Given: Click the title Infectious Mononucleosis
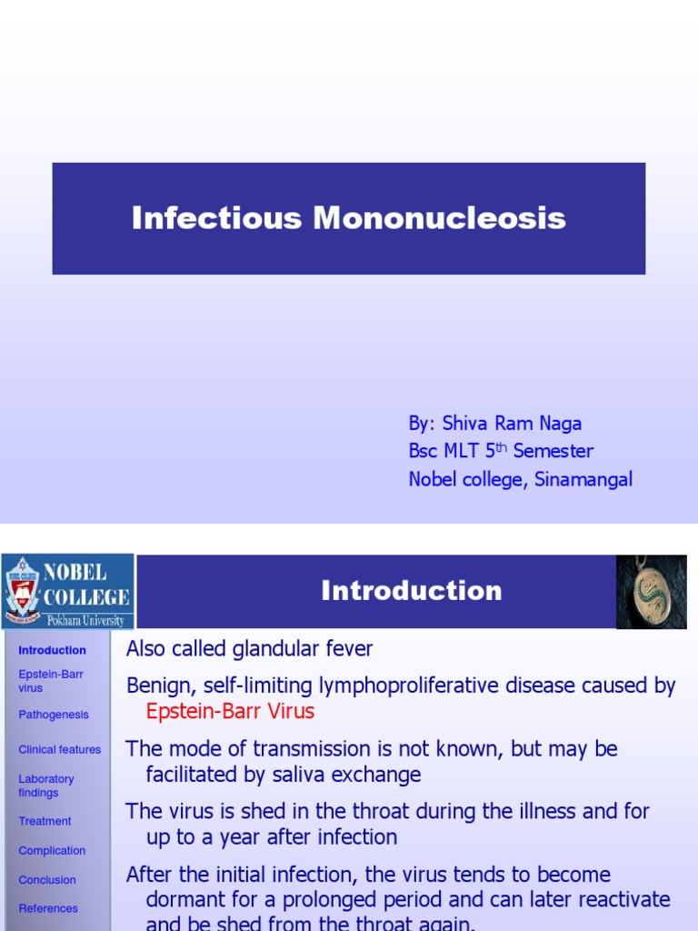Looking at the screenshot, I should click(x=348, y=218).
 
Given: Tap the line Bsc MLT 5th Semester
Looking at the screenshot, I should click(x=501, y=452).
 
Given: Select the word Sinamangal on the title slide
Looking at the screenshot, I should click(x=583, y=480).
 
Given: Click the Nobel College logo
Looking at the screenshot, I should click(x=68, y=591).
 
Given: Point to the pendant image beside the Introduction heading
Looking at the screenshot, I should click(x=651, y=592).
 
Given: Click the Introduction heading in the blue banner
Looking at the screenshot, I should click(x=411, y=591).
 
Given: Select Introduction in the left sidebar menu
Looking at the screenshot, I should click(x=52, y=651).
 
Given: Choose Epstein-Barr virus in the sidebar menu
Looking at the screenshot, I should click(x=50, y=681).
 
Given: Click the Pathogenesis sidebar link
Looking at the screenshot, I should click(x=54, y=715).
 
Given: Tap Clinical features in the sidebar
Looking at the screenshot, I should click(x=59, y=750).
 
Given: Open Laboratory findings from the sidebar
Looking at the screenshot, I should click(x=45, y=786).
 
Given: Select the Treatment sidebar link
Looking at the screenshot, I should click(x=45, y=821).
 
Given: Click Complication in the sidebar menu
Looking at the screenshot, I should click(x=52, y=851).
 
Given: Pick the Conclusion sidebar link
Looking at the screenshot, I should click(x=47, y=880).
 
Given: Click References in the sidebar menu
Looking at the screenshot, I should click(x=48, y=908).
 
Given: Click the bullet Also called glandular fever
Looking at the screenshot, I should click(x=249, y=649).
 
